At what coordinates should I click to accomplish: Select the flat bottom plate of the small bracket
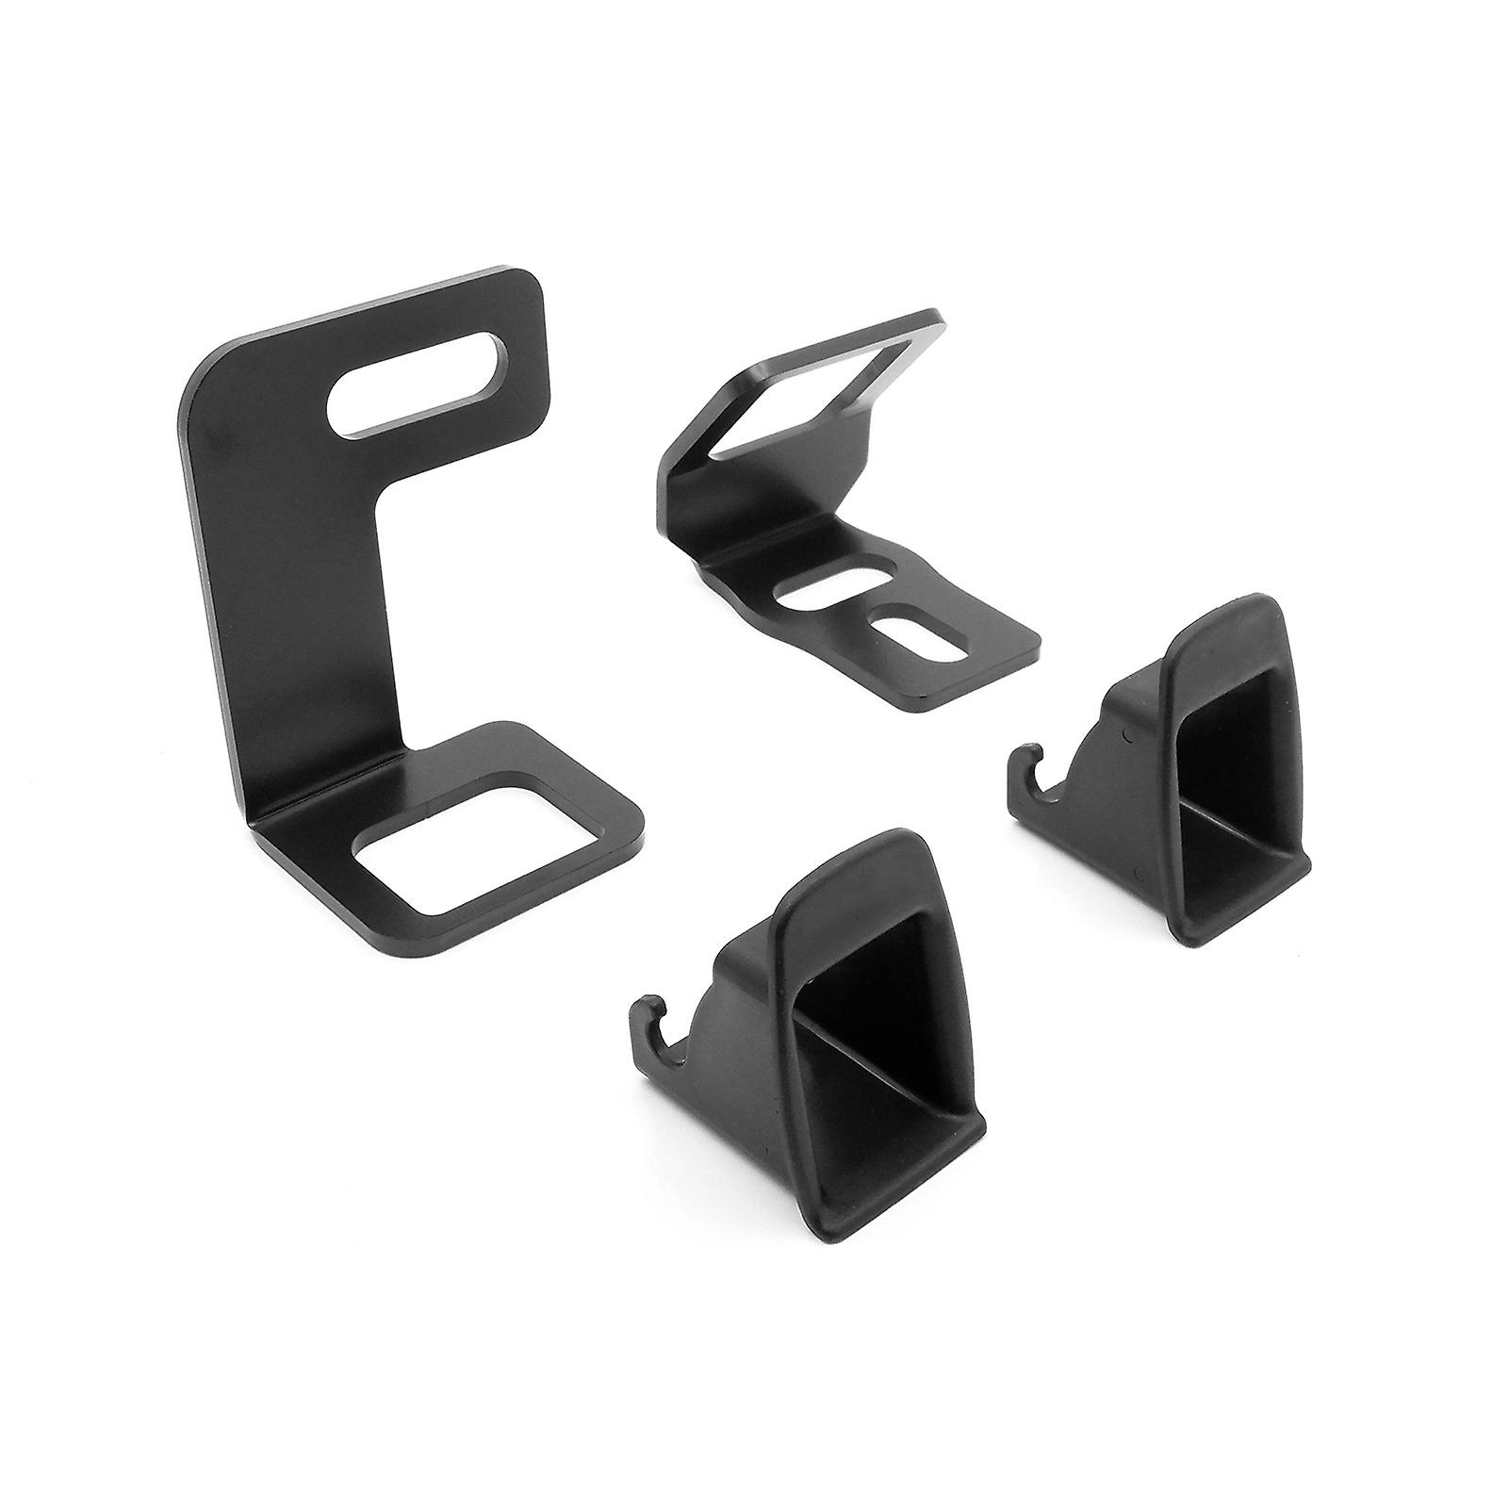(961, 660)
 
